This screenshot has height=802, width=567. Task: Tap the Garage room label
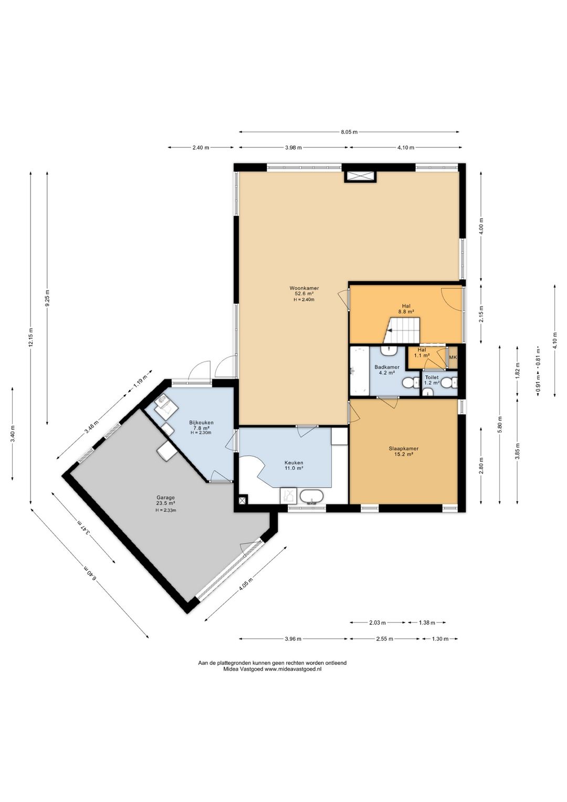point(165,497)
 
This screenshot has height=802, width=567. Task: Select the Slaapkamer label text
point(404,448)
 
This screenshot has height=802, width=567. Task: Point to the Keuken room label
point(293,462)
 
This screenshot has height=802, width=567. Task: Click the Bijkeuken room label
point(202,423)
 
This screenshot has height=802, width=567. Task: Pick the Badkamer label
point(387,367)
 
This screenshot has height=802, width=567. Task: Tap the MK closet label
point(453,357)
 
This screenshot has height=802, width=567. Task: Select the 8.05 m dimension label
point(349,132)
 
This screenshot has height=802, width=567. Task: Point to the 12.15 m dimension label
point(31,337)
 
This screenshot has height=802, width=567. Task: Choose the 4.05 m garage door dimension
point(246,584)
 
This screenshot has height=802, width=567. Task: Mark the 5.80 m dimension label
point(500,424)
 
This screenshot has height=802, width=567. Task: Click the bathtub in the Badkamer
point(360,371)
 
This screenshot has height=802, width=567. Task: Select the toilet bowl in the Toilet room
point(447,383)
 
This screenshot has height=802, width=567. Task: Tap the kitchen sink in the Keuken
point(311,497)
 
